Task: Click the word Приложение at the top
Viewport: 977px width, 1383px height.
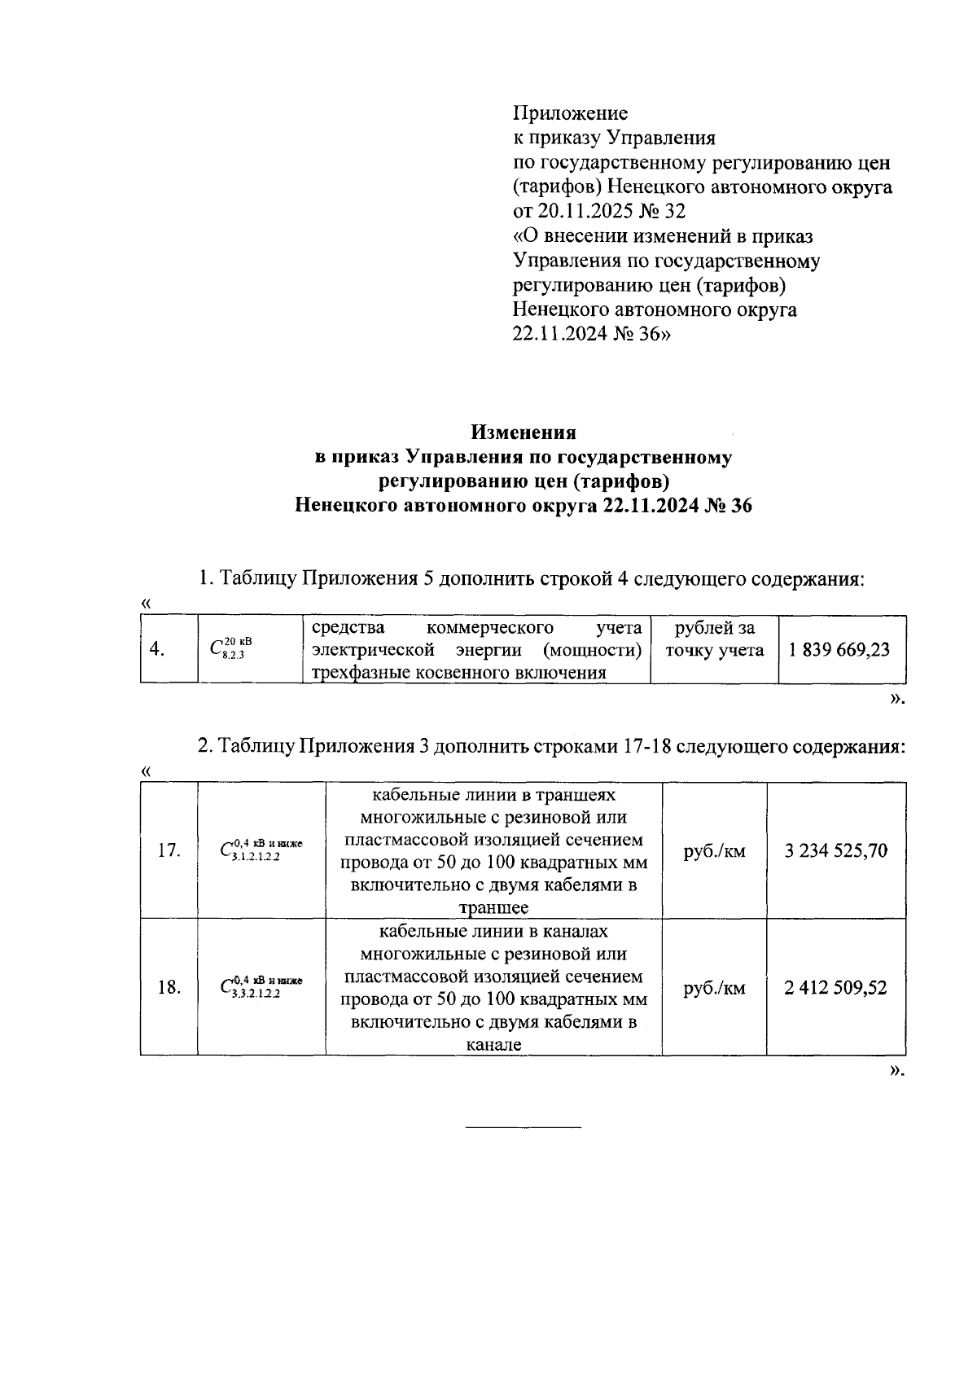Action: pyautogui.click(x=570, y=112)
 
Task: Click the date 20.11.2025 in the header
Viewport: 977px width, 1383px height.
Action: pyautogui.click(x=580, y=211)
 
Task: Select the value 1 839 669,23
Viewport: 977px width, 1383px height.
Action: pyautogui.click(x=839, y=650)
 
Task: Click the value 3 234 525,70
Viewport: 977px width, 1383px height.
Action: pyautogui.click(x=835, y=852)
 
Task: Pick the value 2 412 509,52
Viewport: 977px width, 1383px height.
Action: pyautogui.click(x=835, y=988)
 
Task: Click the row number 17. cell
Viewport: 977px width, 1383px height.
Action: pyautogui.click(x=169, y=852)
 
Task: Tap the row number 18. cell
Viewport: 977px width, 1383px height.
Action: pyautogui.click(x=169, y=988)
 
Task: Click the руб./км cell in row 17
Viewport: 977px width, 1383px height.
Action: pyautogui.click(x=714, y=852)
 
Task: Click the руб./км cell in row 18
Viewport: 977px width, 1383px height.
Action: pyautogui.click(x=714, y=988)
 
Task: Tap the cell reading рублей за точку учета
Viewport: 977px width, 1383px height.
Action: pyautogui.click(x=714, y=639)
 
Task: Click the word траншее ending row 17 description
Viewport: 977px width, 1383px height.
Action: pyautogui.click(x=493, y=908)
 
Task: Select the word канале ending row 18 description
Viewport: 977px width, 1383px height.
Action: pyautogui.click(x=493, y=1045)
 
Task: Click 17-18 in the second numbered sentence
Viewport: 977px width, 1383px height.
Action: pyautogui.click(x=642, y=747)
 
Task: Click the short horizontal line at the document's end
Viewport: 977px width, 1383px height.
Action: pyautogui.click(x=523, y=1127)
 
